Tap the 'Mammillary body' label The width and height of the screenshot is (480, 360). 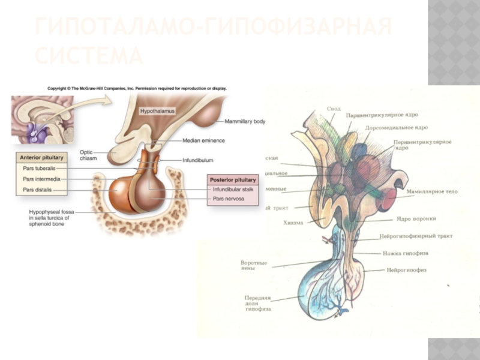pos(245,121)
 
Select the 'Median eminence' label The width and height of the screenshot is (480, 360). pos(203,140)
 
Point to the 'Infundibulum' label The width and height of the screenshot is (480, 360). pos(198,160)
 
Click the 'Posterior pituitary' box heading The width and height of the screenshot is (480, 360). pos(233,179)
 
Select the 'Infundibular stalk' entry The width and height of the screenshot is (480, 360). pos(233,190)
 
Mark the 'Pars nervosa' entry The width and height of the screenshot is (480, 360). pos(228,199)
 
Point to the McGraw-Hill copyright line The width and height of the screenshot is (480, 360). pos(137,88)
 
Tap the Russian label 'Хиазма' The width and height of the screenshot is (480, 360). pos(293,223)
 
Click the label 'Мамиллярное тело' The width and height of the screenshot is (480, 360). pos(431,191)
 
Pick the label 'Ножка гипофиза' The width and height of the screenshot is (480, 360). pos(406,253)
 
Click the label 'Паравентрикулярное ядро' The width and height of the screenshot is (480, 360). pos(382,115)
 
